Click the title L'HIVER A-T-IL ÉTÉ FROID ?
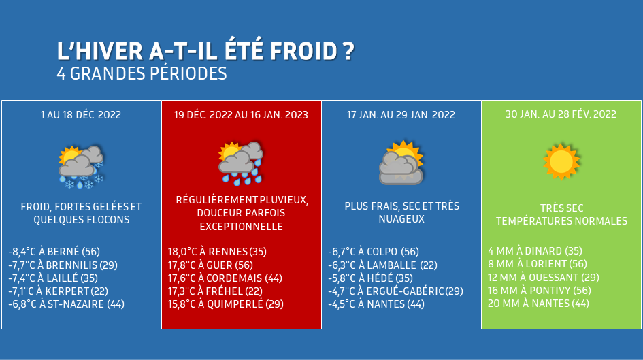coord(205,51)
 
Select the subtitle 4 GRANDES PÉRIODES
coord(142,73)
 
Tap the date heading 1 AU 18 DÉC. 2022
coord(81,115)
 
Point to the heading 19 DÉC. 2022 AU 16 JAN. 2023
coord(241,115)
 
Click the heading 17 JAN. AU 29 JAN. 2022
coord(401,115)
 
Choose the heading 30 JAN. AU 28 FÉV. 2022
coord(561,114)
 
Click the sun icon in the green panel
coord(561,161)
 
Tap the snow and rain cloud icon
coord(81,167)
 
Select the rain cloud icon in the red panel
coord(241,163)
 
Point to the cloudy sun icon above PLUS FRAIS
coord(401,163)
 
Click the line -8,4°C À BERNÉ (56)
coord(54,252)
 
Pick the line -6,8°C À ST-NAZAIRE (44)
coord(67,304)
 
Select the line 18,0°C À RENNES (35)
coord(217,252)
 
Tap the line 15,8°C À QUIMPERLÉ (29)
coord(225,304)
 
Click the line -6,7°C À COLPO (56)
coord(374,252)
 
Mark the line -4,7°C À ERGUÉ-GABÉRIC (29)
coord(396,291)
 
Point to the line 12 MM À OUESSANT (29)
coord(544,277)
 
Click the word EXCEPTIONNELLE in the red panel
coord(241,227)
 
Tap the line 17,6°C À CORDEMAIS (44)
coord(225,278)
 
